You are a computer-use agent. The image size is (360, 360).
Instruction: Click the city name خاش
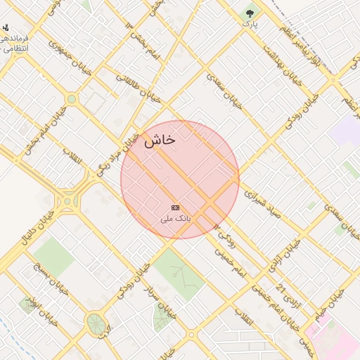[x=160, y=141]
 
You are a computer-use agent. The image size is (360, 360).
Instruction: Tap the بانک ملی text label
[x=176, y=219]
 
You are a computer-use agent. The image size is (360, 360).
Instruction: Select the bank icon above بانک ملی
[x=175, y=207]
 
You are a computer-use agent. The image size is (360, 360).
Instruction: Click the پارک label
[x=250, y=24]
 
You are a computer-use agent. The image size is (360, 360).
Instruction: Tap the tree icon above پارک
[x=250, y=13]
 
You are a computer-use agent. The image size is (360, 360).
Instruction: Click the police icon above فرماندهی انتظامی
[x=6, y=27]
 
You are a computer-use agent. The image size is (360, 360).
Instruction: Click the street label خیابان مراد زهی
[x=115, y=154]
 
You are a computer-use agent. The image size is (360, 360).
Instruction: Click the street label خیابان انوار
[x=42, y=312]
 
